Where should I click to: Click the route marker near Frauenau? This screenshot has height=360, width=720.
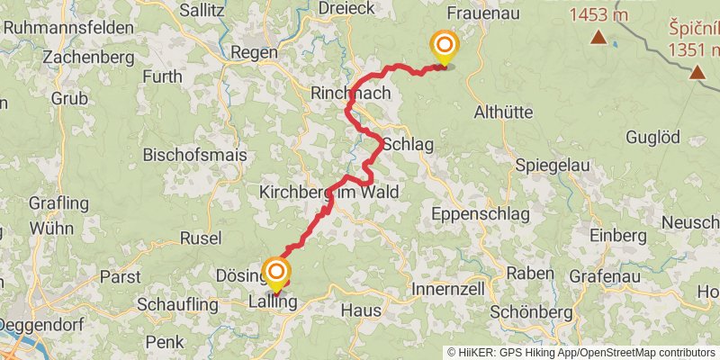click(x=443, y=46)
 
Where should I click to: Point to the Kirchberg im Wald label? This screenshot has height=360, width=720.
click(x=328, y=193)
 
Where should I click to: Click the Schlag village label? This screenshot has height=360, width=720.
click(x=409, y=144)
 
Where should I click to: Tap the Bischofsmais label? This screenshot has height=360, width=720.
click(x=195, y=156)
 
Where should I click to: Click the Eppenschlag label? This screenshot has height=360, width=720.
click(x=472, y=214)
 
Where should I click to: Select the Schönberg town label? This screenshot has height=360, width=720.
click(x=532, y=311)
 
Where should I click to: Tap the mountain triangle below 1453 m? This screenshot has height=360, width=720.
click(x=598, y=37)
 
